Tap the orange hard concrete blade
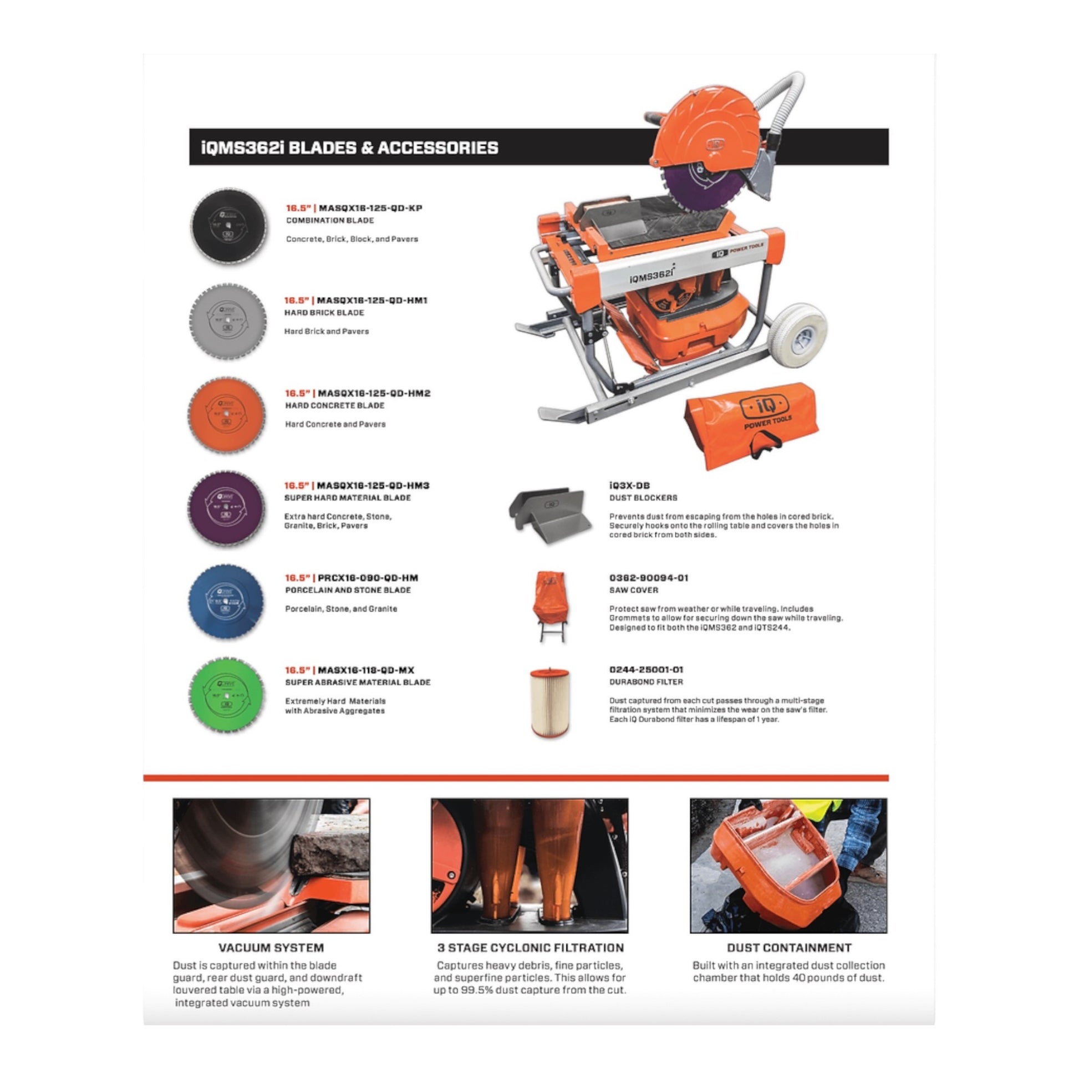(x=226, y=414)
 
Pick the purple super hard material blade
(x=226, y=507)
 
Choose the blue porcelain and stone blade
(x=226, y=600)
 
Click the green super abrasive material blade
(x=226, y=694)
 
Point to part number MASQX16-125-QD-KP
(x=370, y=208)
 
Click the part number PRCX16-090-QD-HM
(x=368, y=578)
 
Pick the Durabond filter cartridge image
(x=549, y=702)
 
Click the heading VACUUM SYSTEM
(x=271, y=948)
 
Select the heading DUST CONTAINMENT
(x=788, y=948)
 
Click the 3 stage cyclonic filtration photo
(x=530, y=865)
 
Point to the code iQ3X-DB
(x=629, y=485)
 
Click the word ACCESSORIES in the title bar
(x=438, y=147)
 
